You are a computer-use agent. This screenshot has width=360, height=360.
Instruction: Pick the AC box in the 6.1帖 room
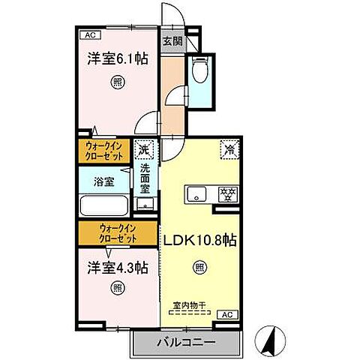point(89,34)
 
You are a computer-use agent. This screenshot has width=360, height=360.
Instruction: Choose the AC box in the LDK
point(227,314)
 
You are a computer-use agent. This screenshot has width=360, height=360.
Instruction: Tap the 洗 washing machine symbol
point(143,149)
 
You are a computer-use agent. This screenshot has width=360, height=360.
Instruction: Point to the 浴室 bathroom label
point(103,181)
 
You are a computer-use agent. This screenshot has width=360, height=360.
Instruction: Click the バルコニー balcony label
point(186,342)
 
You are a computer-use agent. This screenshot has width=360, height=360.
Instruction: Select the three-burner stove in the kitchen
point(225,193)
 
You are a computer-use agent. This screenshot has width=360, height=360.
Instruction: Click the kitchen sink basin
point(196,193)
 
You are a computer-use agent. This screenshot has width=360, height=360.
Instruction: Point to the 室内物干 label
point(199,303)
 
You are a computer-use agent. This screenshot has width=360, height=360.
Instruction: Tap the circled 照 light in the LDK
point(199,265)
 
